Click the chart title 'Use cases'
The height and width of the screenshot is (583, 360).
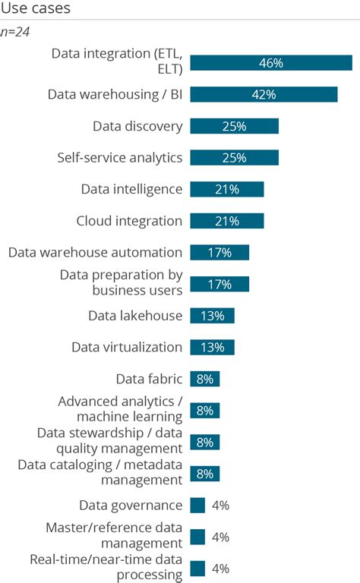click(x=35, y=10)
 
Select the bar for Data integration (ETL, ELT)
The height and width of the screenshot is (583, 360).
click(x=270, y=63)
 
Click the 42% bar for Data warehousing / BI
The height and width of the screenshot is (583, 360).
click(x=263, y=94)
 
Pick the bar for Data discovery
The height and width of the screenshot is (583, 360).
click(x=234, y=126)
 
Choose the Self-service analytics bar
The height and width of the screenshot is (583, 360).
click(x=234, y=158)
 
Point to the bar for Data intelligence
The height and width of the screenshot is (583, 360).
click(x=226, y=189)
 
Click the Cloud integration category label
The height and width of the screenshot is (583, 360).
click(x=129, y=221)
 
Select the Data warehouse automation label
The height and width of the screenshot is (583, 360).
click(x=95, y=252)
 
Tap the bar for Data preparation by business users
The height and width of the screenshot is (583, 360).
click(x=219, y=284)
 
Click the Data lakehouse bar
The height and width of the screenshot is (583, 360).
click(x=212, y=316)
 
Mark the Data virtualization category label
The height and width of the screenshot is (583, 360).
click(x=127, y=347)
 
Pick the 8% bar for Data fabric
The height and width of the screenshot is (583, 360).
click(x=204, y=379)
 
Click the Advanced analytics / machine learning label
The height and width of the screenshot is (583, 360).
click(x=120, y=408)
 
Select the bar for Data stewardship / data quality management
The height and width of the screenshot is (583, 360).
click(x=204, y=442)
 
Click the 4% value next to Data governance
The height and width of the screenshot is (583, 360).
click(x=220, y=506)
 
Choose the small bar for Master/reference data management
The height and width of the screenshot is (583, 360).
click(x=197, y=537)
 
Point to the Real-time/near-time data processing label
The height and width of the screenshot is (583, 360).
click(x=106, y=567)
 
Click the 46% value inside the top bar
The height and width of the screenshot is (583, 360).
click(x=270, y=63)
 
